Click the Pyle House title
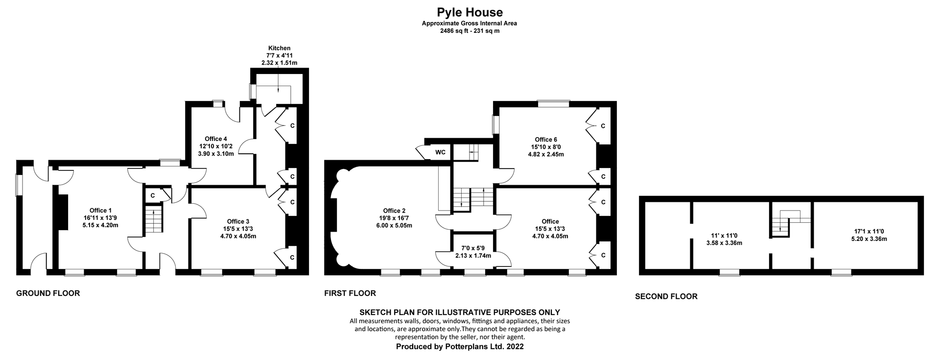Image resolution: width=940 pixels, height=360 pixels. point(470,12)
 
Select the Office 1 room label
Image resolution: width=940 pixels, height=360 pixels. point(100,210)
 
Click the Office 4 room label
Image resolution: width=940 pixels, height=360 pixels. point(216,139)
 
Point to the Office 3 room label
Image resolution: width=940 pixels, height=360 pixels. point(238,221)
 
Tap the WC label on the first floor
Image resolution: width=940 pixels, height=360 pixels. point(441,152)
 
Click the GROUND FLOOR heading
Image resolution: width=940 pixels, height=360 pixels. point(48,293)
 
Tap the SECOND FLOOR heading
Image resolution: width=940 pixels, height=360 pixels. point(666,296)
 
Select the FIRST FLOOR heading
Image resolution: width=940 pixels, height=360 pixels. point(350,293)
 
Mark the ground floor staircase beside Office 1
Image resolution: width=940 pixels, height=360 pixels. point(154,219)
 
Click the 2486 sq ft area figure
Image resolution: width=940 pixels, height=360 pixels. point(455,31)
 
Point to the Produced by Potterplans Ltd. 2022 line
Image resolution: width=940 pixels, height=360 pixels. point(459,346)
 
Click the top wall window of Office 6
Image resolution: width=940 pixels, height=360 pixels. point(553,103)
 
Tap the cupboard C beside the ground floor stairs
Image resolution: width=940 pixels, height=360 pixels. point(153,195)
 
